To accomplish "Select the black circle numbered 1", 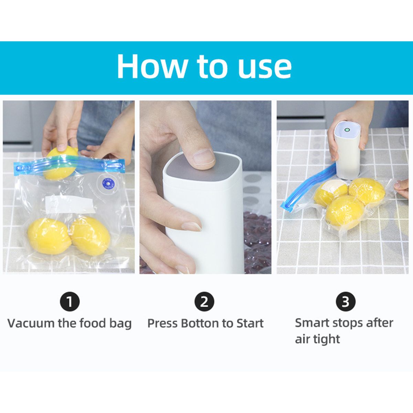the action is pos(70,302).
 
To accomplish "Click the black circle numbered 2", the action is pos(204,302).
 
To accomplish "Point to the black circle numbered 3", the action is pos(346,302).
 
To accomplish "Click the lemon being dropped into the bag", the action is pos(60,163).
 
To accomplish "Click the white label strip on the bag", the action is pos(70,204).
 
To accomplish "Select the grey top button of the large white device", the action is pos(202,168).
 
